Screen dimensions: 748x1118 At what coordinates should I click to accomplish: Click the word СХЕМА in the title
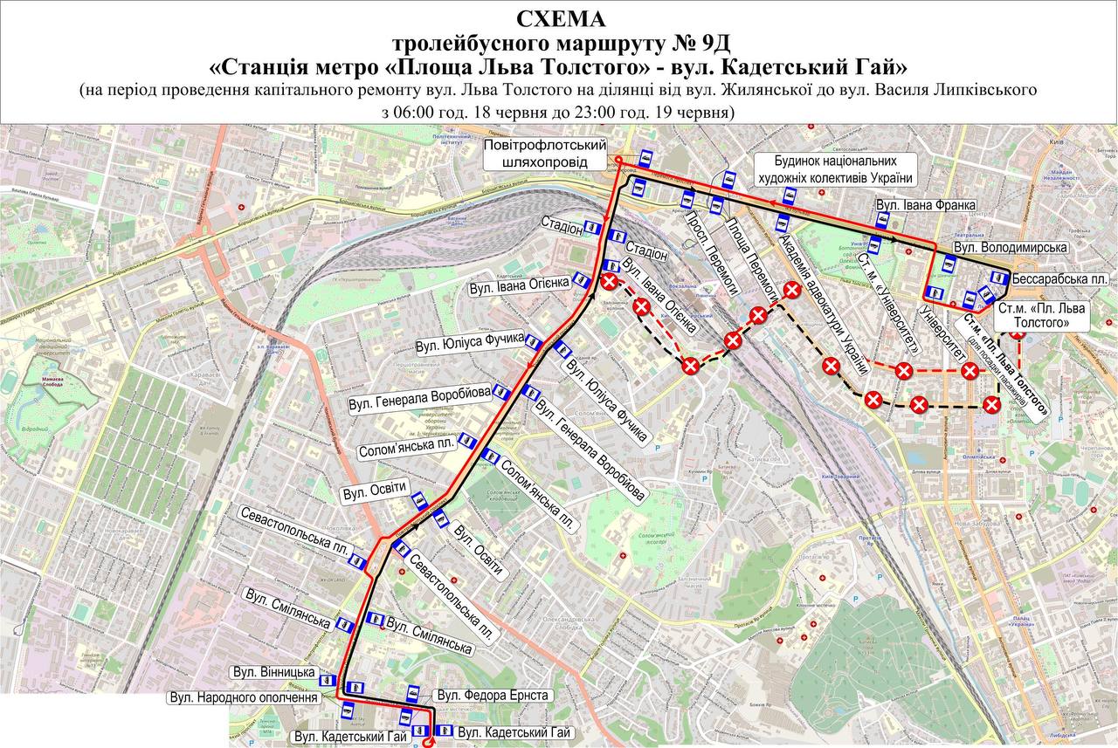tap(559, 18)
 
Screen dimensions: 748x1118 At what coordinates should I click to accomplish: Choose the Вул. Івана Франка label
tap(925, 205)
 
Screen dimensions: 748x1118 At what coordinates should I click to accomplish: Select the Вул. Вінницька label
tap(274, 673)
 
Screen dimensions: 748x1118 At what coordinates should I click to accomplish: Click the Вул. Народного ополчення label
tap(244, 698)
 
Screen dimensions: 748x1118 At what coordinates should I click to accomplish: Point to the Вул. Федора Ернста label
tap(493, 695)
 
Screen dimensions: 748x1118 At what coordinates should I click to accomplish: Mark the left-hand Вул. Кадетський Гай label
tap(351, 737)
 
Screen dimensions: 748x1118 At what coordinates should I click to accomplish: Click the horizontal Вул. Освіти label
tap(375, 493)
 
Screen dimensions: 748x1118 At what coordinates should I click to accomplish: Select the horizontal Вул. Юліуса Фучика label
tap(470, 340)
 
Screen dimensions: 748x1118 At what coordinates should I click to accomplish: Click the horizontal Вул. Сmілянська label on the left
tap(287, 621)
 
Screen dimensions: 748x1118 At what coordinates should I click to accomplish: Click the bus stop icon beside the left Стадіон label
tap(594, 228)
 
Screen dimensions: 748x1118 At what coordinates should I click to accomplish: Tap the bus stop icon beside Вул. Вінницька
tap(355, 688)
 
